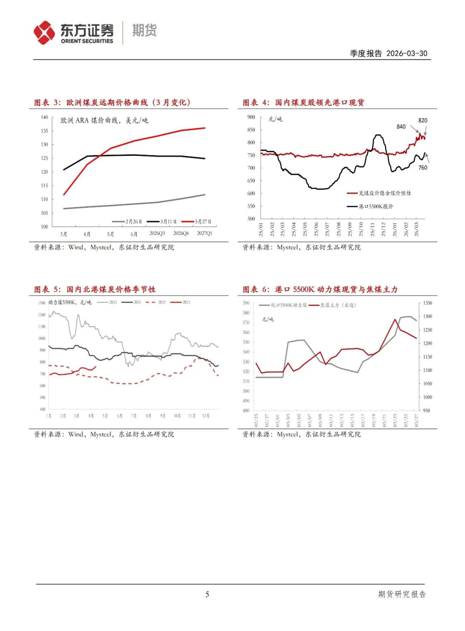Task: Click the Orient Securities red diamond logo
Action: click(x=44, y=33)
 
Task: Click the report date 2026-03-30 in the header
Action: click(x=406, y=53)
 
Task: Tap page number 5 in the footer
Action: click(x=207, y=594)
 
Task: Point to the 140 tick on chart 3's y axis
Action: click(x=44, y=117)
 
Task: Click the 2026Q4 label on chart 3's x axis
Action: click(x=181, y=233)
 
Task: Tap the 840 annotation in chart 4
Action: click(x=401, y=127)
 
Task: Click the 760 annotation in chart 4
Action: click(x=423, y=167)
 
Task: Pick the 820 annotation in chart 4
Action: click(x=423, y=121)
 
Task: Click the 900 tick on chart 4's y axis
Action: click(x=251, y=117)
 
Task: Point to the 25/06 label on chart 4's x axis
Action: click(x=316, y=229)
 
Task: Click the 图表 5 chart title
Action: click(x=95, y=289)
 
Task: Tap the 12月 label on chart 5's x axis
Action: click(x=206, y=416)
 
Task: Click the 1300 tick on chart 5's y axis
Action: click(x=41, y=303)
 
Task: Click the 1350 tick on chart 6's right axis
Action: click(x=427, y=303)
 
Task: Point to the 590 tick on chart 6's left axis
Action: click(x=246, y=303)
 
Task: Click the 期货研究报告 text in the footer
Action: click(x=402, y=594)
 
